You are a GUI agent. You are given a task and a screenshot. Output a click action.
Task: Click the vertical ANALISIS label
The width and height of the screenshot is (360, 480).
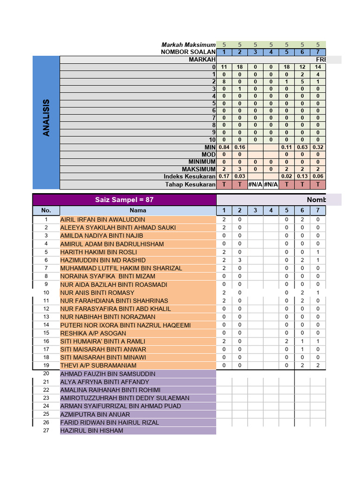(46, 118)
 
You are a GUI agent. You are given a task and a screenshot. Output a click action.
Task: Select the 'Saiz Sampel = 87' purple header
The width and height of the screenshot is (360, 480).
(124, 200)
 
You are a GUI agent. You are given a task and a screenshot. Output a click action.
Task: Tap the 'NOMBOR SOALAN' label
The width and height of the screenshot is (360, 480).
(188, 52)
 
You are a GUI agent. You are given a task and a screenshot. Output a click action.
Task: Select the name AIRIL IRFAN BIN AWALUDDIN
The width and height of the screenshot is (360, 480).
(103, 219)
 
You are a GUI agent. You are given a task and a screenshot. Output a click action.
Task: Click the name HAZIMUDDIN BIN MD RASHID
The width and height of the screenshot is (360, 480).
(103, 260)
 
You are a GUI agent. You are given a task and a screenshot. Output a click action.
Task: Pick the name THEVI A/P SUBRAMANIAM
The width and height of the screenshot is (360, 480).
(98, 365)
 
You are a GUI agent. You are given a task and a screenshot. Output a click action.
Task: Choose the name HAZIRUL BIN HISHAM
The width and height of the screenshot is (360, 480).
(92, 430)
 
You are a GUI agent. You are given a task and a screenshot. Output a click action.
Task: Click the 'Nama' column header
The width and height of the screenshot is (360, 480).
(138, 211)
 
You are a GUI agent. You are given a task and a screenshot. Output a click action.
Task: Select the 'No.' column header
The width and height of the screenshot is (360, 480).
(46, 211)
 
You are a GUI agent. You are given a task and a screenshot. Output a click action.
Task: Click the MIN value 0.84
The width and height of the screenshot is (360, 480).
(224, 147)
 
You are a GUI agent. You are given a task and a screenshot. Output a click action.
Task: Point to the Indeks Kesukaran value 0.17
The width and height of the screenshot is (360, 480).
(224, 176)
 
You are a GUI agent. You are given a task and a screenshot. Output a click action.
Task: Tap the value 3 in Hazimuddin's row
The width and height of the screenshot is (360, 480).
(240, 260)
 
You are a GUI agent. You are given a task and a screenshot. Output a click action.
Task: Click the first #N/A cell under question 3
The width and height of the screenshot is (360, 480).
(255, 184)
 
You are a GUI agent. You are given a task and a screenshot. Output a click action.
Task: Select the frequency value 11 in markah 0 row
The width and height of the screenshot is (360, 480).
(224, 67)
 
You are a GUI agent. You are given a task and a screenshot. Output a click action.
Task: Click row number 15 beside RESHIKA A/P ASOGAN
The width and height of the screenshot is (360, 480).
(46, 333)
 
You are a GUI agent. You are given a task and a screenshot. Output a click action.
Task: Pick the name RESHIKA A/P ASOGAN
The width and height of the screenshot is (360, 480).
(93, 333)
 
